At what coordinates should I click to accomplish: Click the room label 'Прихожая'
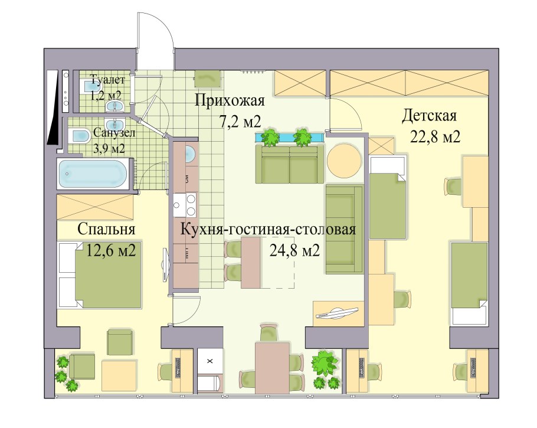pyautogui.click(x=230, y=100)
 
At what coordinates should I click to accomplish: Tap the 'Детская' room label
pyautogui.click(x=430, y=115)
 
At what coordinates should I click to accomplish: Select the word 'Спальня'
pyautogui.click(x=107, y=229)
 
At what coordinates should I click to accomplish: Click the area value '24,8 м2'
pyautogui.click(x=294, y=251)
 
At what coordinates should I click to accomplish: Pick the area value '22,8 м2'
pyautogui.click(x=435, y=137)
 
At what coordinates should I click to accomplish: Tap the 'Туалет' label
pyautogui.click(x=107, y=80)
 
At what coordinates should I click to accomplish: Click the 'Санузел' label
pyautogui.click(x=114, y=133)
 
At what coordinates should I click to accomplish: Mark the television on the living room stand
pyautogui.click(x=337, y=312)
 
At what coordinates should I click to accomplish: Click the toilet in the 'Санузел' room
pyautogui.click(x=77, y=136)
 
